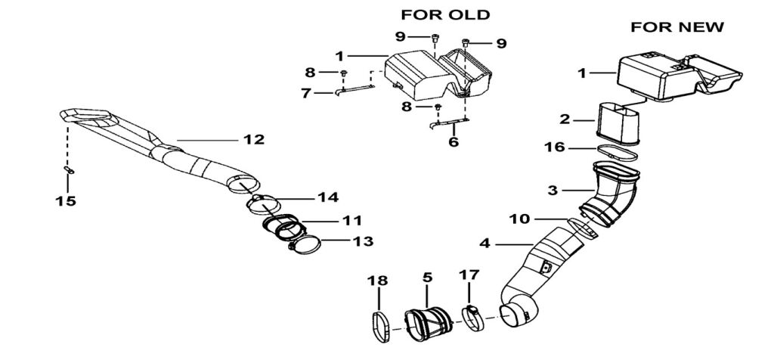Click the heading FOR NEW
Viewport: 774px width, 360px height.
pyautogui.click(x=677, y=26)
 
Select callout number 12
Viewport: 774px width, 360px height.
pyautogui.click(x=252, y=139)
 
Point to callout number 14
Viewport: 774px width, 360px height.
pyautogui.click(x=327, y=198)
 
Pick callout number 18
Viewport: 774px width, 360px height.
pyautogui.click(x=378, y=280)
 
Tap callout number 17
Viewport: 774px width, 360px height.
pyautogui.click(x=469, y=277)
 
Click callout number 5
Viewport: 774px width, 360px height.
pyautogui.click(x=427, y=278)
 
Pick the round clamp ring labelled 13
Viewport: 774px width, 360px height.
pyautogui.click(x=305, y=246)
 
